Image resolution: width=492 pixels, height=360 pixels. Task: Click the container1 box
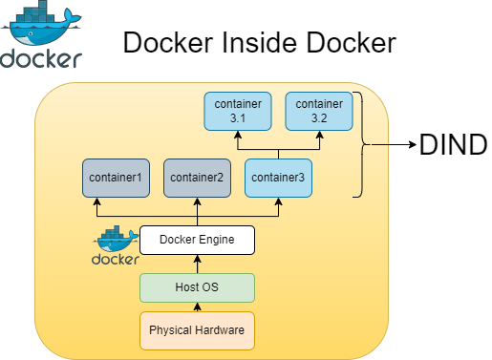click(116, 178)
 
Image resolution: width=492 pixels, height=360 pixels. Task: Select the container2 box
click(197, 178)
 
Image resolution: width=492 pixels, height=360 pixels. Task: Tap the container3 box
click(278, 178)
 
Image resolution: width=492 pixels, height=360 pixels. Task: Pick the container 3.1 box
click(238, 111)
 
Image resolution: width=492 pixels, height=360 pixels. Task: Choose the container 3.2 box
click(319, 111)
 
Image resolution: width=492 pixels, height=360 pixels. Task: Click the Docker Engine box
click(197, 240)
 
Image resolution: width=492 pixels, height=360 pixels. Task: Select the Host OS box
click(197, 287)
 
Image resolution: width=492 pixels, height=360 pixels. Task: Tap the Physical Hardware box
click(197, 329)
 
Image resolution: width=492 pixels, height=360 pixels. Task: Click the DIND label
click(453, 145)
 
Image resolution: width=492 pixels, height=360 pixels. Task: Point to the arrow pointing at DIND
click(392, 145)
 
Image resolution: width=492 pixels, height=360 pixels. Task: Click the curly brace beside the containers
click(360, 145)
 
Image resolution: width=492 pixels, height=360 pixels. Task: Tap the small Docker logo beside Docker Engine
click(116, 246)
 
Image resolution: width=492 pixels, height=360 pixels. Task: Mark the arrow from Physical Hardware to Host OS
click(197, 307)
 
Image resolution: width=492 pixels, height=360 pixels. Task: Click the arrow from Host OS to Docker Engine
click(197, 265)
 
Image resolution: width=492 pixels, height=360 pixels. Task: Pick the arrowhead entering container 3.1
click(238, 136)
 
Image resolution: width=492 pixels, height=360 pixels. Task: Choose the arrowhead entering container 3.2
click(319, 136)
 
